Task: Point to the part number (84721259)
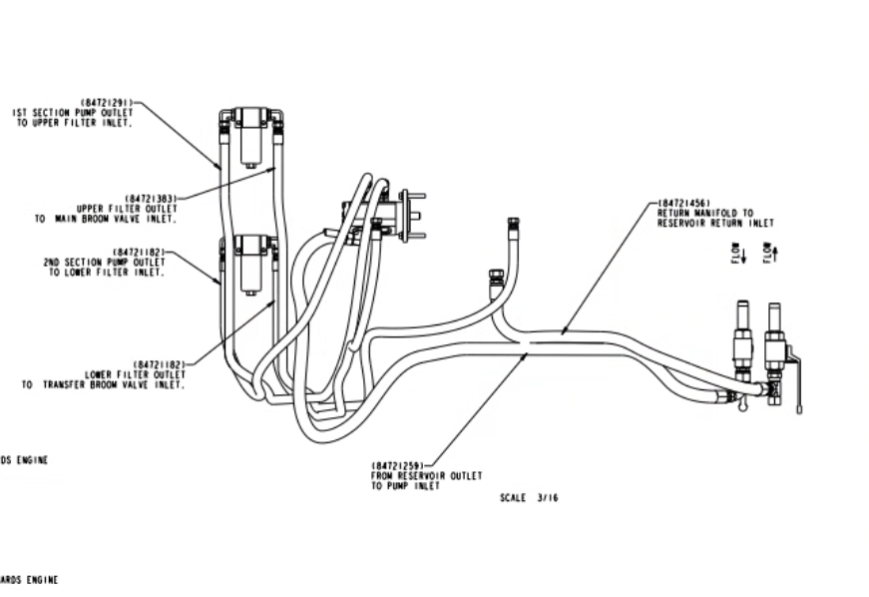(398, 465)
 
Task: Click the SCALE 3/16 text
(529, 496)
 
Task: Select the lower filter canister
(251, 265)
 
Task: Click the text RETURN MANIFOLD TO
(705, 213)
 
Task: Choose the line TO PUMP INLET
(398, 485)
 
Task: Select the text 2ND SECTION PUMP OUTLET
(103, 262)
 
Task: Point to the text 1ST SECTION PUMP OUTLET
(73, 113)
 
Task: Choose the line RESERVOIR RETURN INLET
(715, 223)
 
